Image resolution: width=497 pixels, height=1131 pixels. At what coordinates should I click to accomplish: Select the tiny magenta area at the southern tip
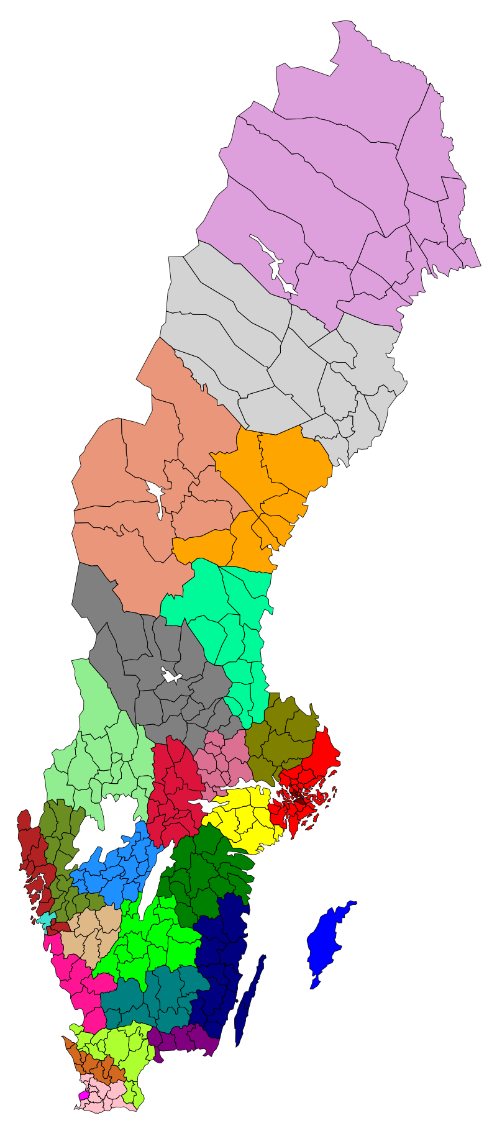coord(83,1096)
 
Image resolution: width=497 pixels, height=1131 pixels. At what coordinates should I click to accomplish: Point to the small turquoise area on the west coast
coord(44,919)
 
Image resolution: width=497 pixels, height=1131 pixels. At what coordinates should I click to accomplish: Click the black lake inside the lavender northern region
coord(274,267)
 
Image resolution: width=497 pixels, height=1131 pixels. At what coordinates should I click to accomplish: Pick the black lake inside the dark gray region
coord(170,676)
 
